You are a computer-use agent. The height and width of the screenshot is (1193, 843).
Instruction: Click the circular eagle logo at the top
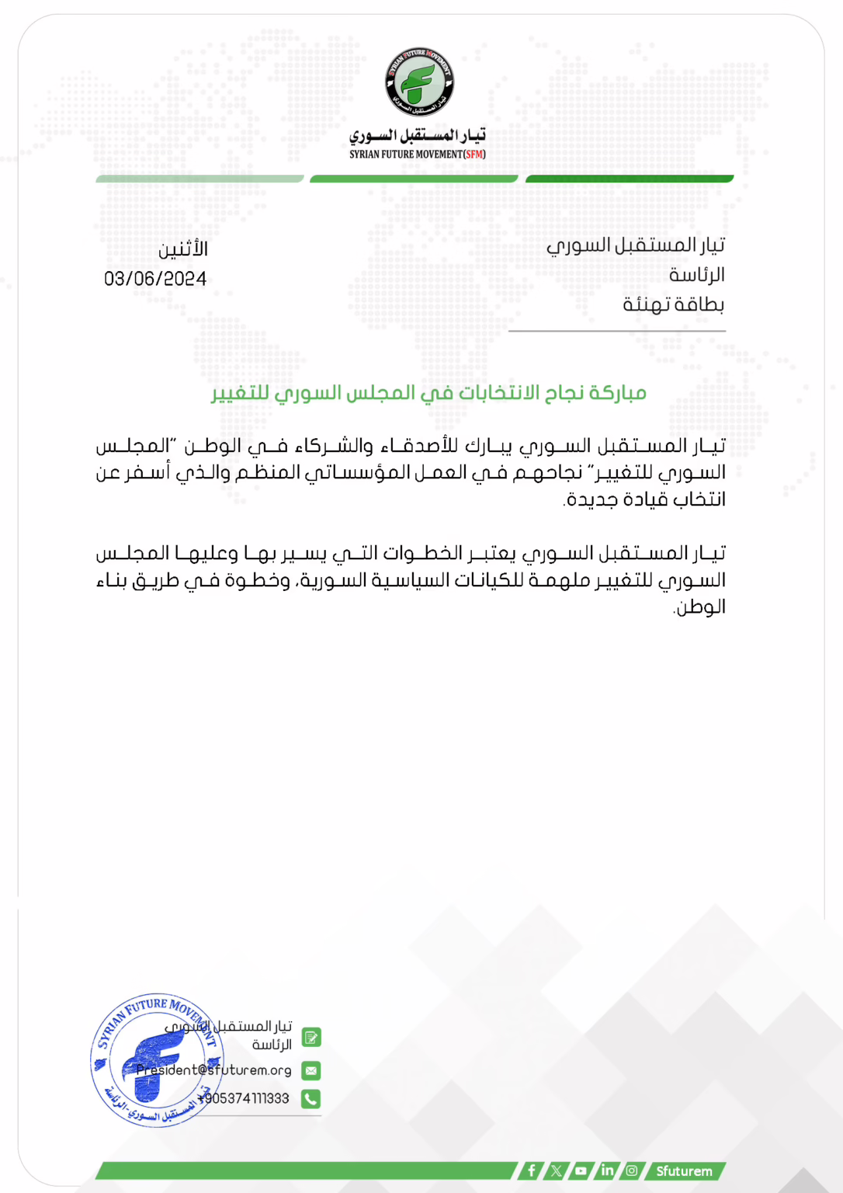click(x=419, y=82)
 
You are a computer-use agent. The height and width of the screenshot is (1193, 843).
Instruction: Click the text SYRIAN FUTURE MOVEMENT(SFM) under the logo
click(x=418, y=155)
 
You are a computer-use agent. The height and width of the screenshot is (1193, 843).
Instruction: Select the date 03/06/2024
click(x=155, y=279)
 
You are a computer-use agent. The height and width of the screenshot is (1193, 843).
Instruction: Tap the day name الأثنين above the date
click(x=183, y=249)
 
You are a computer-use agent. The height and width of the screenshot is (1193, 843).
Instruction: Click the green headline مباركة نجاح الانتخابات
click(x=428, y=393)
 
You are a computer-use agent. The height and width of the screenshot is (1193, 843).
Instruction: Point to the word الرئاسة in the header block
click(x=696, y=275)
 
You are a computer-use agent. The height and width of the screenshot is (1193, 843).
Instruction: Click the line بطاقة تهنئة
click(x=673, y=304)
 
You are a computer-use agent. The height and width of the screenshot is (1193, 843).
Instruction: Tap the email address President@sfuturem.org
click(x=214, y=1070)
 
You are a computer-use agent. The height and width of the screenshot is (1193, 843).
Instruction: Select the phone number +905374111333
click(x=244, y=1098)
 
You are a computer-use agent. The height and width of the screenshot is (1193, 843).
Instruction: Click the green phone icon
click(x=310, y=1098)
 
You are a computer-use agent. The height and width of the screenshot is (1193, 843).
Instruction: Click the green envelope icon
click(x=310, y=1070)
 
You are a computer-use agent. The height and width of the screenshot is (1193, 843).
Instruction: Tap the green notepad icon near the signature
click(x=310, y=1038)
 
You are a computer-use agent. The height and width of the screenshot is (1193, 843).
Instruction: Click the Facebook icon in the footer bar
click(x=531, y=1170)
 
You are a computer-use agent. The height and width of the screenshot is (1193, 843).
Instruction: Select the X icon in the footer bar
click(x=556, y=1170)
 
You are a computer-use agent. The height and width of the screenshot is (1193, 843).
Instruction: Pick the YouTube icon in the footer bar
click(x=581, y=1170)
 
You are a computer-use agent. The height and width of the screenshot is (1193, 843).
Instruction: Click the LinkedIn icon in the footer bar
click(x=607, y=1170)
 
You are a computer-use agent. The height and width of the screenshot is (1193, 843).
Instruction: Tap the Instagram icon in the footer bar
click(x=632, y=1170)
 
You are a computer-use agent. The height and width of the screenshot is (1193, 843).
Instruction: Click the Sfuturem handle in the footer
click(x=684, y=1170)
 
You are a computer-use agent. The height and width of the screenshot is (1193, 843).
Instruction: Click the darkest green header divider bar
click(x=630, y=179)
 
